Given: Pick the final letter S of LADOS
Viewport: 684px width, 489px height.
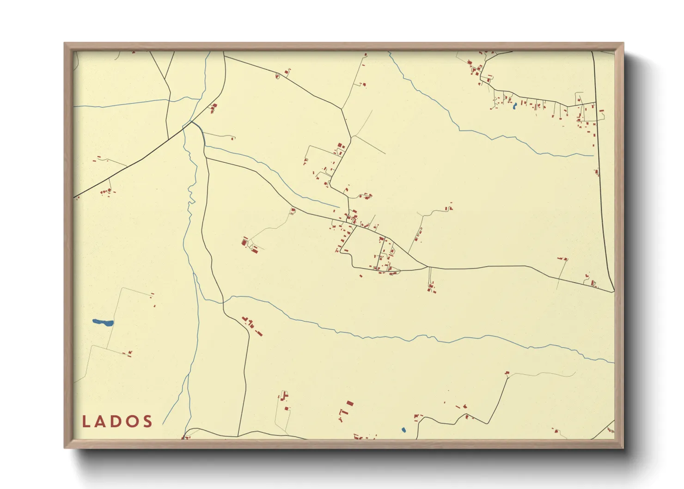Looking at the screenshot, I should pos(148,422).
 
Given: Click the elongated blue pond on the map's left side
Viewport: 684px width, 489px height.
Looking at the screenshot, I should pos(103,322).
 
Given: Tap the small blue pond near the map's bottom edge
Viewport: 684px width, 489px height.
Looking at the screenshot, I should pos(403,430).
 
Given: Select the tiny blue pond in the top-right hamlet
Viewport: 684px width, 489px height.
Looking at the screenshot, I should pos(514,107).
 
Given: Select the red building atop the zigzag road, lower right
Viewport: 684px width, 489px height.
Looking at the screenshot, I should pos(507,373).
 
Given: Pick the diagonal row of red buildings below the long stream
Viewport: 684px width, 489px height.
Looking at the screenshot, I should pos(251,325).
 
